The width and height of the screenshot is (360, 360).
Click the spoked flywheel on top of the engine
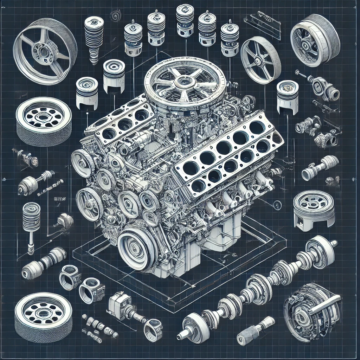180,84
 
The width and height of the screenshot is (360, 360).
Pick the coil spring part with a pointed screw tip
94,39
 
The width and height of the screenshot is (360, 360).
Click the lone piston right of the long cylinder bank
287,97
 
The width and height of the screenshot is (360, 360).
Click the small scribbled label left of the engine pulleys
57,199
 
